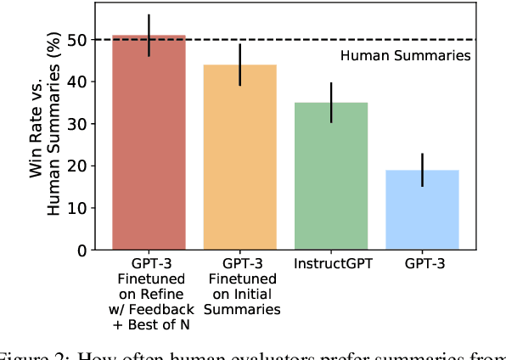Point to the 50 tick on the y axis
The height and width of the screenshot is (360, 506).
(79, 40)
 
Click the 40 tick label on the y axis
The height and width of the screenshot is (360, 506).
(79, 82)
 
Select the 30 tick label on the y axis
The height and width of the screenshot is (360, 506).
(79, 124)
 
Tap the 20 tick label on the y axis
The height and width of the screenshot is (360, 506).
(79, 166)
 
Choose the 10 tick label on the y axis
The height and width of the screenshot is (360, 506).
(79, 208)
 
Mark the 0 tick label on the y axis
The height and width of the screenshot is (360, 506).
(82, 250)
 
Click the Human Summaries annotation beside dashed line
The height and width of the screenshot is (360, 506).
(405, 56)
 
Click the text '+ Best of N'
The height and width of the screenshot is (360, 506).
(149, 310)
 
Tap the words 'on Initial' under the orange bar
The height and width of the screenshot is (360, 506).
(240, 295)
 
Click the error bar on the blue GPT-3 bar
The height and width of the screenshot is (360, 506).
(423, 170)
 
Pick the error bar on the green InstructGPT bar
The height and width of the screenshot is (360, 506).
(331, 103)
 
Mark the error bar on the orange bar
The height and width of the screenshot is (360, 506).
(240, 65)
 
